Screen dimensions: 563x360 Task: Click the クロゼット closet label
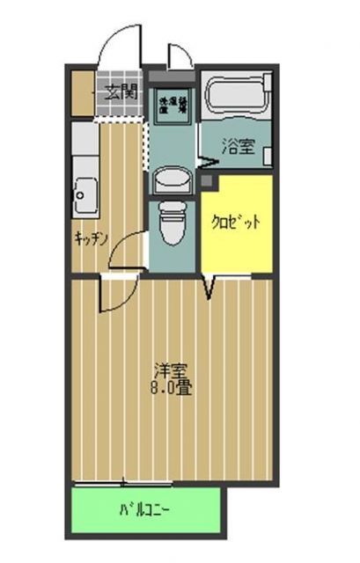click(x=235, y=223)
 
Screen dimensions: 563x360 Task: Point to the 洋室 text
click(x=173, y=370)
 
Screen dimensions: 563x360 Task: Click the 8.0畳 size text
click(x=173, y=388)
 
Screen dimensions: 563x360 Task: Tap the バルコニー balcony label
click(x=145, y=509)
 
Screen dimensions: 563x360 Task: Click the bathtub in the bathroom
click(x=237, y=94)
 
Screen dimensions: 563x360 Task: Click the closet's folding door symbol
click(x=210, y=286)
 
